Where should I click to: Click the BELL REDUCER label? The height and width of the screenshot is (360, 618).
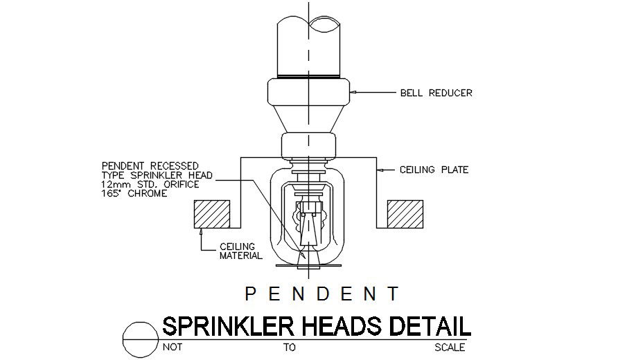click(x=436, y=93)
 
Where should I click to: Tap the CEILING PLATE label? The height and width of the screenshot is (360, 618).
click(x=434, y=170)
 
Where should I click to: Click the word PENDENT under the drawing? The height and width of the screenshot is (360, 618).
click(x=322, y=294)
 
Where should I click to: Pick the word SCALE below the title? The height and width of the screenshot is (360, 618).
click(x=450, y=348)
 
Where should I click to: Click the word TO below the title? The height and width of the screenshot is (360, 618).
click(x=289, y=348)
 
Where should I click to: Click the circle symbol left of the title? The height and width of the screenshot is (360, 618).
click(x=139, y=339)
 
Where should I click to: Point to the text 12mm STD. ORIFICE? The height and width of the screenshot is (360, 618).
click(x=150, y=184)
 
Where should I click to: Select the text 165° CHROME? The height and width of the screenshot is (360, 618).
click(x=135, y=193)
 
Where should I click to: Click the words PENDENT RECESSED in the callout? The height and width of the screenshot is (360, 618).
click(x=150, y=166)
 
